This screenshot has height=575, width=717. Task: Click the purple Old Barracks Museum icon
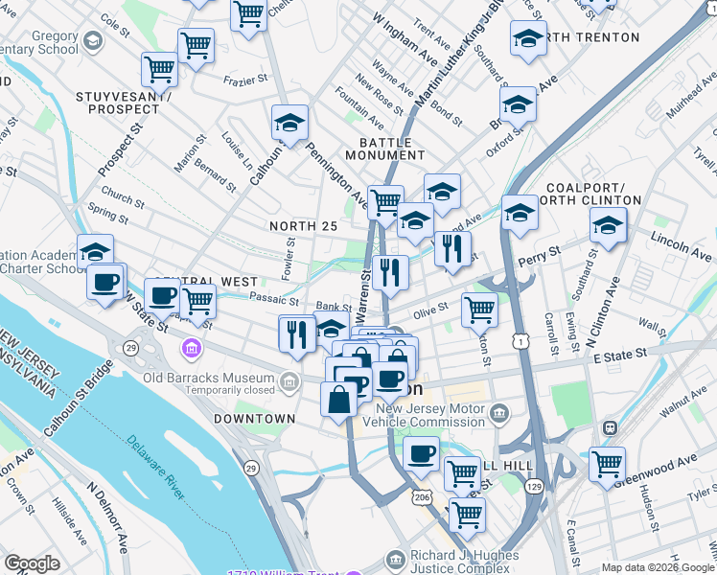pyautogui.click(x=193, y=346)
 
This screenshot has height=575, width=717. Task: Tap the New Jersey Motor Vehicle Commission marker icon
pyautogui.click(x=497, y=413)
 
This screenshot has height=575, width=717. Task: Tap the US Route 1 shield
pyautogui.click(x=519, y=340)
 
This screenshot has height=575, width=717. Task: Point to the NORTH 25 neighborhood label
pyautogui.click(x=303, y=225)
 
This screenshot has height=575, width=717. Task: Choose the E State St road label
pyautogui.click(x=622, y=356)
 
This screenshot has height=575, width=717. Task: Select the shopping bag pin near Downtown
pyautogui.click(x=339, y=399)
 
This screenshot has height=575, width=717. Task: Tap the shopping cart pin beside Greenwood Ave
pyautogui.click(x=607, y=465)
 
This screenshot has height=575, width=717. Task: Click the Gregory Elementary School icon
pyautogui.click(x=93, y=41)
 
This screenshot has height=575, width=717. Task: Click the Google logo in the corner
pyautogui.click(x=33, y=563)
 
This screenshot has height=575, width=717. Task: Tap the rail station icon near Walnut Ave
pyautogui.click(x=607, y=426)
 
